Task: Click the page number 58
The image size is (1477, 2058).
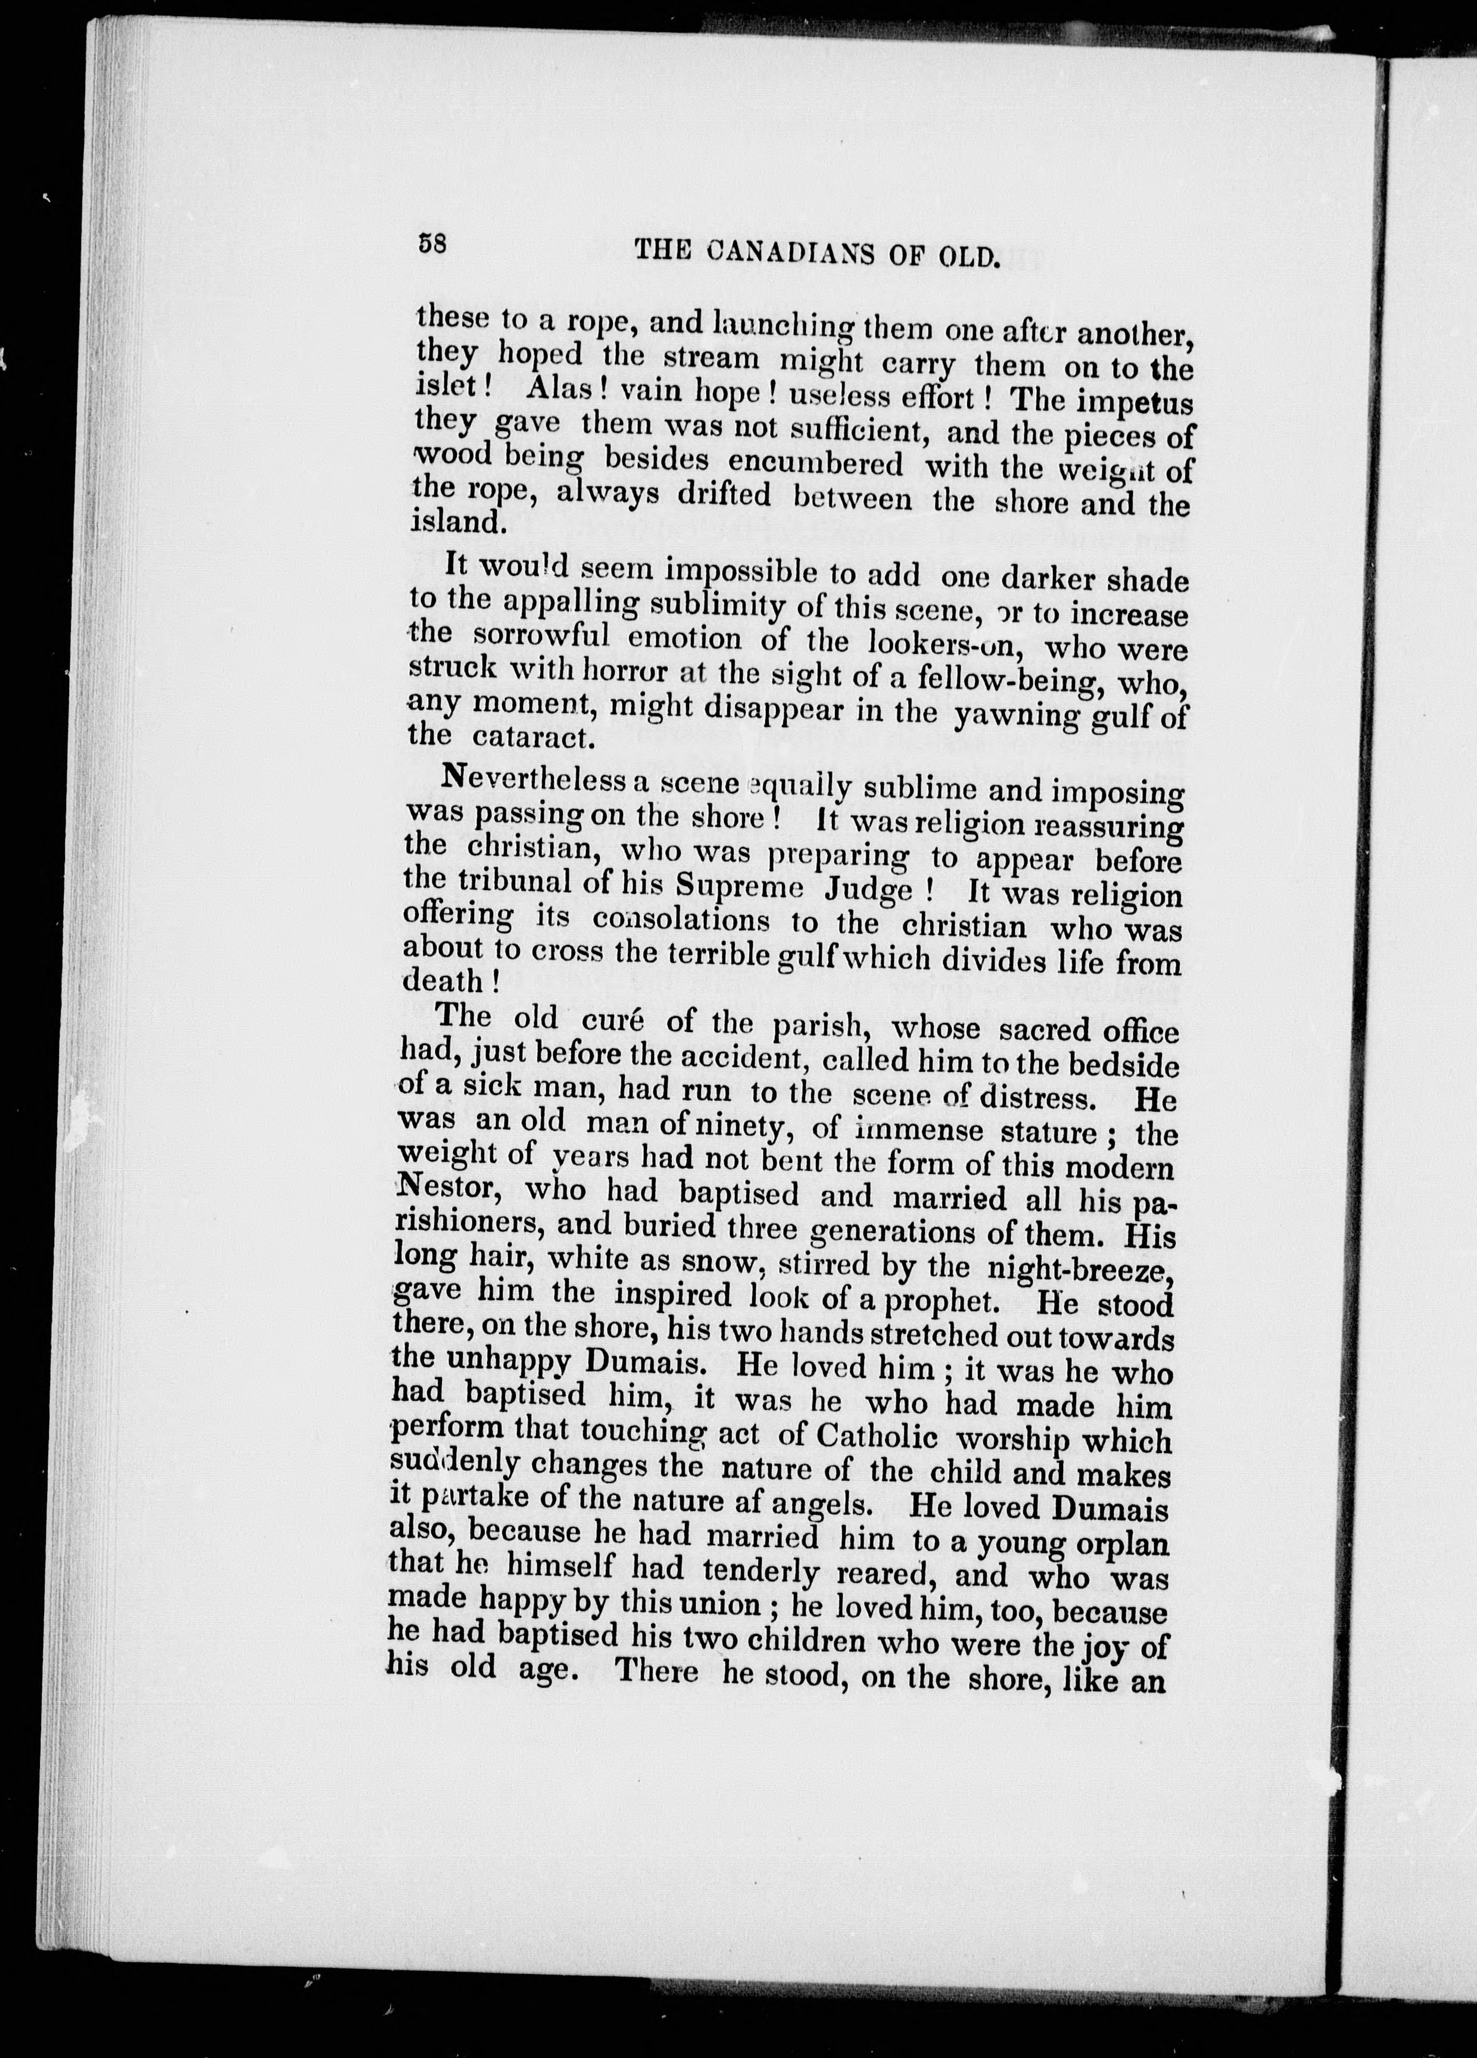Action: tap(432, 244)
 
